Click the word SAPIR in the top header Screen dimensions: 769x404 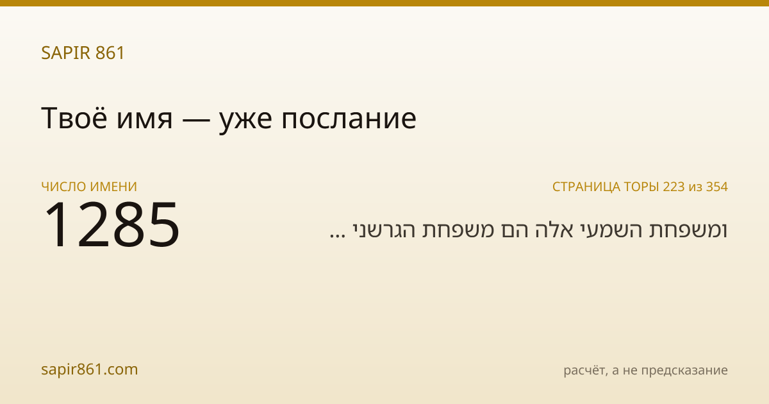tap(66, 53)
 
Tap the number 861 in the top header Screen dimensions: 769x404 tap(110, 53)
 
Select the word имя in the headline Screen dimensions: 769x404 tap(144, 121)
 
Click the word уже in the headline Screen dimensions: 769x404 tap(245, 122)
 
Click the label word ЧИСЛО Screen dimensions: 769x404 tap(63, 187)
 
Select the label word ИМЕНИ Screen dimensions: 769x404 tap(113, 187)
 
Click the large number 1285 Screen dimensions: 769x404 tap(112, 224)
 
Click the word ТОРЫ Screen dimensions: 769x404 tap(641, 187)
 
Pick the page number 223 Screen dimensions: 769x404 tap(674, 187)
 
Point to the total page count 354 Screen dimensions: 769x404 tap(717, 187)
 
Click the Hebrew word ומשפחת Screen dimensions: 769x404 tap(688, 230)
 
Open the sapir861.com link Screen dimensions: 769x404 tap(89, 369)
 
